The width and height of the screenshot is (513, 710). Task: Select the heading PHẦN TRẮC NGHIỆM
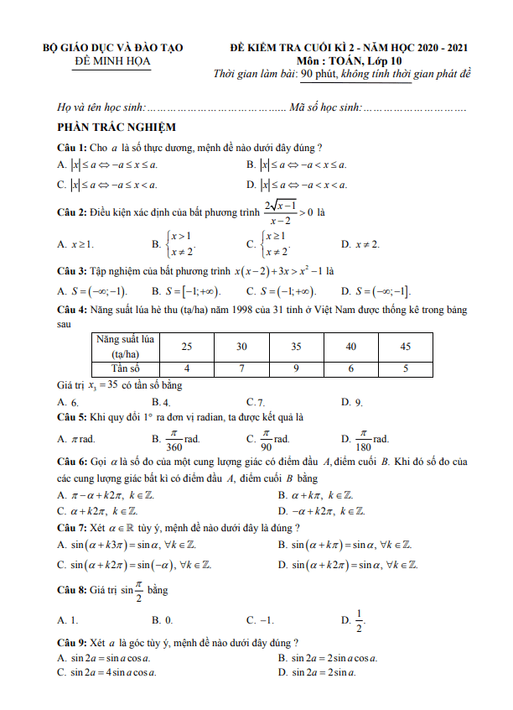[x=117, y=127]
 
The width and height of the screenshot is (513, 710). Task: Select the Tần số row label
[x=124, y=368]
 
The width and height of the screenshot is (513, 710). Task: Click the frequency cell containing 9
[x=296, y=368]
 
